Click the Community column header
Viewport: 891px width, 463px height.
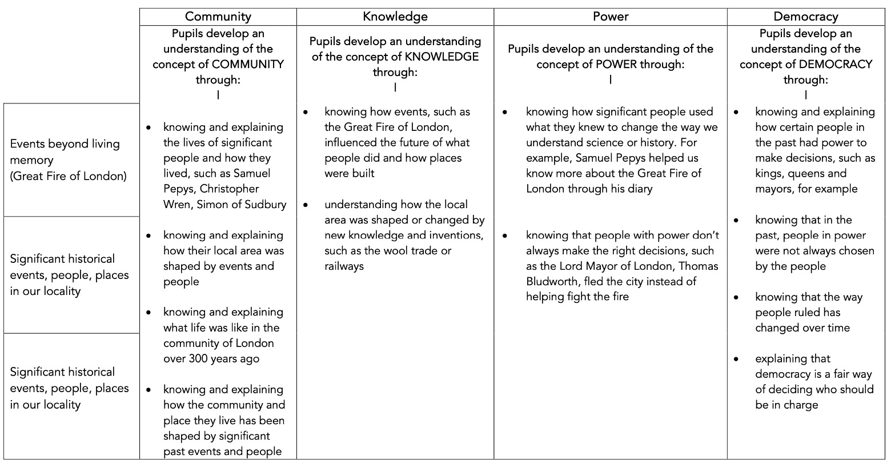pyautogui.click(x=218, y=17)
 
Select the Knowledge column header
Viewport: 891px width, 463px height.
pyautogui.click(x=395, y=17)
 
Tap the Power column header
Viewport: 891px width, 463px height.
pyautogui.click(x=610, y=17)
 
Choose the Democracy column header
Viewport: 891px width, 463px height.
pyautogui.click(x=805, y=17)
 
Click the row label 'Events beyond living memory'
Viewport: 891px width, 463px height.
pyautogui.click(x=65, y=151)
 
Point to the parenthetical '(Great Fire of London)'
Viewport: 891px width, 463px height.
pyautogui.click(x=68, y=176)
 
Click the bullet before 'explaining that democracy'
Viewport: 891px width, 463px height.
pyautogui.click(x=736, y=359)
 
